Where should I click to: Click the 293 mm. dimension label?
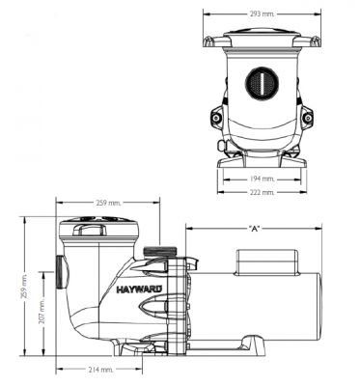[x=262, y=14]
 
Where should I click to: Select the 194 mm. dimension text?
[x=262, y=179]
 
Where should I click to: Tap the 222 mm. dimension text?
[x=262, y=192]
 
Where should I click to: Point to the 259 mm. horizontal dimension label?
[x=108, y=203]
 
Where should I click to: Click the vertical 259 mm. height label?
[x=24, y=287]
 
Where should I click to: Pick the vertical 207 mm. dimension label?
[x=42, y=310]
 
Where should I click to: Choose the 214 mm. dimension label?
[x=100, y=370]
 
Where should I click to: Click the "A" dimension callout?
[x=254, y=229]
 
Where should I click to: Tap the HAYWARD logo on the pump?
[x=139, y=289]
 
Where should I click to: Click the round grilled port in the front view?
[x=262, y=83]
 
